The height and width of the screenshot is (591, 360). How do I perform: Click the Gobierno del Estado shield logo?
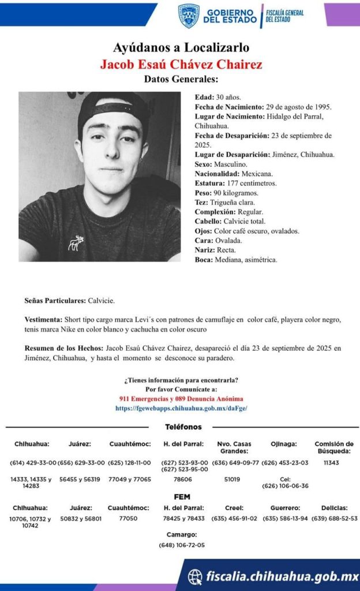(188, 16)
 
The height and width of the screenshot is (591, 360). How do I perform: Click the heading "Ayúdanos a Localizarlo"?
(181, 47)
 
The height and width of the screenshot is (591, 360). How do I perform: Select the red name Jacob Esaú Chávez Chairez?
(181, 63)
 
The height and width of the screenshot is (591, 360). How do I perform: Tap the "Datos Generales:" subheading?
(181, 79)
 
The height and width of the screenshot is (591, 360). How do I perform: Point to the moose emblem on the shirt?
(76, 243)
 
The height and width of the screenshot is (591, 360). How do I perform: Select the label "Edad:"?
(204, 97)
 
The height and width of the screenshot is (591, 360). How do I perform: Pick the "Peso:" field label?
(204, 193)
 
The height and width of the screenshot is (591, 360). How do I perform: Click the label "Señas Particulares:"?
(55, 301)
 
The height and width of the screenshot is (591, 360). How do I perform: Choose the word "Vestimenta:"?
(44, 319)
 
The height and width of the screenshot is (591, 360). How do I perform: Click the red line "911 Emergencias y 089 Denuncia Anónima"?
(181, 399)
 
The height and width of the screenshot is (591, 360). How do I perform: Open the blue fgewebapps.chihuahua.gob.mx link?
(181, 408)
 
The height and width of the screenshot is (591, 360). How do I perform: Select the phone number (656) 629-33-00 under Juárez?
(81, 462)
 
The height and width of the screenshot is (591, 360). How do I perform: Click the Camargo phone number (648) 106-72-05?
(181, 545)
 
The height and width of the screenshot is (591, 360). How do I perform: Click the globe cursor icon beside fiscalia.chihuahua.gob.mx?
(196, 576)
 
